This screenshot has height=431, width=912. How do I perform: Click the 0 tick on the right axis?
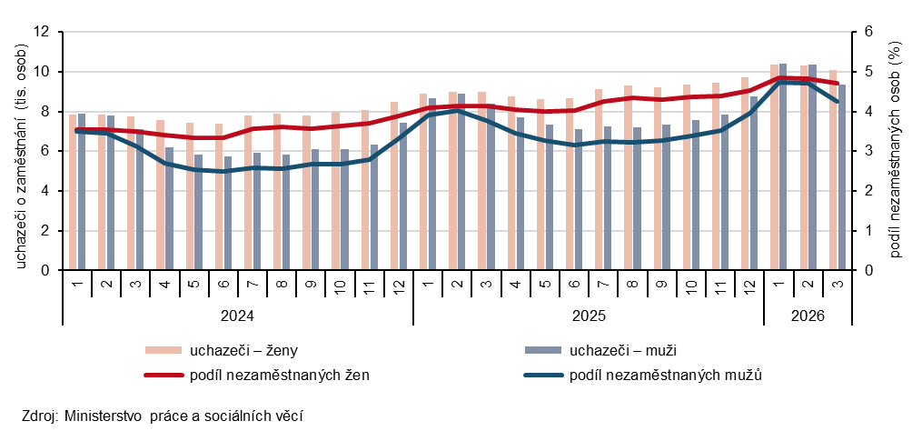click(x=867, y=270)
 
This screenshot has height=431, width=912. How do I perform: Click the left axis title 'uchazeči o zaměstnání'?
click(x=20, y=151)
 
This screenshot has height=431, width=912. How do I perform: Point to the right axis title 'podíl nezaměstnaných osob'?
click(x=893, y=151)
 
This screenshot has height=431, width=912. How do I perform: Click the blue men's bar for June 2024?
click(x=228, y=213)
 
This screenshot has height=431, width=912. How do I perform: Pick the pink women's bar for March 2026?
click(x=833, y=170)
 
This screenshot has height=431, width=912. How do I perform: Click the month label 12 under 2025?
click(x=749, y=286)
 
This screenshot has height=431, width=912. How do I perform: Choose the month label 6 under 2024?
click(x=223, y=286)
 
